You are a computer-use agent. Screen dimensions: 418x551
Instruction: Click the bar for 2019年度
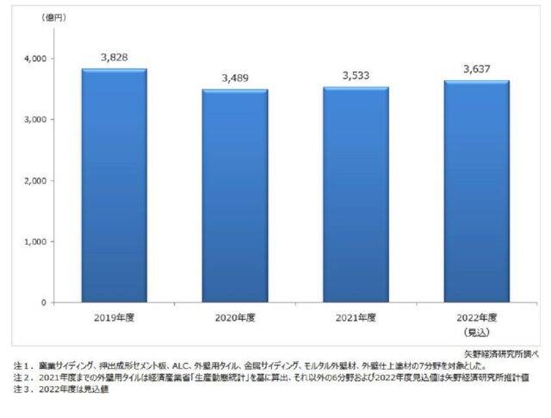pos(114,185)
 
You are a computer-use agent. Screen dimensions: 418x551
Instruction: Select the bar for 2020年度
pos(235,196)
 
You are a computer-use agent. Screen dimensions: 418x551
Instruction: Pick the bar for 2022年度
pos(476,191)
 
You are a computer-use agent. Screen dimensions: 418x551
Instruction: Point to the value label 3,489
pos(235,76)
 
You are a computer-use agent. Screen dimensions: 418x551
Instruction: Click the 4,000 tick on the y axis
pos(35,59)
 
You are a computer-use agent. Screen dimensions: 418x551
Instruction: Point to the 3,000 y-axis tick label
pos(35,120)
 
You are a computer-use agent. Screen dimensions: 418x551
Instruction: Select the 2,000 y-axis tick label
pos(35,181)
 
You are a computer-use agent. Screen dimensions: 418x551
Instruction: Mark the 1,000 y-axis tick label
pos(35,242)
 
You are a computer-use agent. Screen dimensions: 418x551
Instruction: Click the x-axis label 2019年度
pos(114,318)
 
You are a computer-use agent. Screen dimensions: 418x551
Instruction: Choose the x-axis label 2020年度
pos(235,318)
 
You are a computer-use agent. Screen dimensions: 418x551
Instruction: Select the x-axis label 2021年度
pos(356,318)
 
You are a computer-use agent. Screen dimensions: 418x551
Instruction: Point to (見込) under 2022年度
pos(476,331)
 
